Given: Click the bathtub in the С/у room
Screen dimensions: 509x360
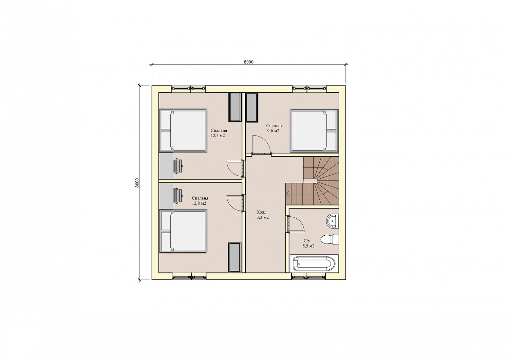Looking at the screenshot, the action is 314,264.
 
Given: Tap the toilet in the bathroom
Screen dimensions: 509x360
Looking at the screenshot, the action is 329,239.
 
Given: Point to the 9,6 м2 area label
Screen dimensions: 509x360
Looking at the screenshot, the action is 274,131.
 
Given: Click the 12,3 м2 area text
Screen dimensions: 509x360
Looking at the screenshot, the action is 219,136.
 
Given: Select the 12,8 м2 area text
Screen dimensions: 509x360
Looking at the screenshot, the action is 199,203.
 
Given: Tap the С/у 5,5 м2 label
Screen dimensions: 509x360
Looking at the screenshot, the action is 308,243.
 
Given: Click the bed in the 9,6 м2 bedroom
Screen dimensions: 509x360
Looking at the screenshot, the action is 314,130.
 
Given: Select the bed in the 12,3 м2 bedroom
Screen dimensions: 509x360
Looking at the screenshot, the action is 183,130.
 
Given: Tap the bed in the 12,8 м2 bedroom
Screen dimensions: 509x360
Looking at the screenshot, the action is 183,232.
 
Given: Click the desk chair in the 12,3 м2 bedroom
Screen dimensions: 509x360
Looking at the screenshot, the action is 177,166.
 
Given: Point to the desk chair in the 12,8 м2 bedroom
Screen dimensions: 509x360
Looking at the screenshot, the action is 177,195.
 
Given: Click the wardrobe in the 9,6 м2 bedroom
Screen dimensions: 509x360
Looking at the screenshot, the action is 252,107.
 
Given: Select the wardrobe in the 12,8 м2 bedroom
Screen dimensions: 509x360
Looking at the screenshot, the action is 235,257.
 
